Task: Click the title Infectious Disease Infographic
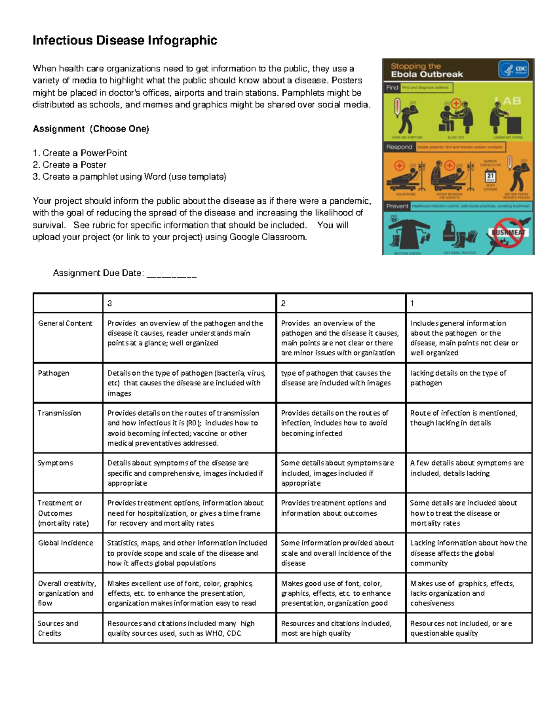point(124,41)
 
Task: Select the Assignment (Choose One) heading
point(91,129)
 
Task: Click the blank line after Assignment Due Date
point(171,274)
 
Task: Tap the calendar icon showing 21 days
point(490,176)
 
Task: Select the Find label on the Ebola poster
point(392,87)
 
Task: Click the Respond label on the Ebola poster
point(399,147)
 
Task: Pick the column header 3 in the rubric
point(110,304)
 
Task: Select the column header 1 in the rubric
point(412,304)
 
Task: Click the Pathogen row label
point(53,373)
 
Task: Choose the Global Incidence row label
point(65,543)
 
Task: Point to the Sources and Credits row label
point(58,628)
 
